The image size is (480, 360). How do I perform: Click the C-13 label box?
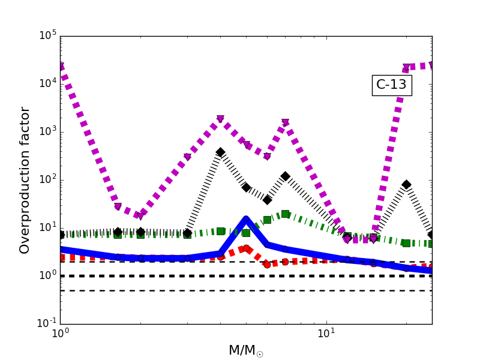[x=391, y=85]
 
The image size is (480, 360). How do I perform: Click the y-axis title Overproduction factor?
[x=25, y=180]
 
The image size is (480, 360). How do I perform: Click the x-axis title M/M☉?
[x=245, y=350]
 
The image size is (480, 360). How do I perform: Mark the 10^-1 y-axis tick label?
[x=45, y=324]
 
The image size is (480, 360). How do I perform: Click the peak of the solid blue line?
[x=246, y=219]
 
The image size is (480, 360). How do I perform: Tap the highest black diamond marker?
[x=220, y=152]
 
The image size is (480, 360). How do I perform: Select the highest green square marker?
[x=285, y=214]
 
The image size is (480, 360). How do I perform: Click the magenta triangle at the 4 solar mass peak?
[x=220, y=119]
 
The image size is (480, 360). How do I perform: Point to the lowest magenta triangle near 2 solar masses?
[x=140, y=216]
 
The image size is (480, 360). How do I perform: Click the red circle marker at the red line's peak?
[x=246, y=248]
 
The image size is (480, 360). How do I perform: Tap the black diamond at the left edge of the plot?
[x=60, y=235]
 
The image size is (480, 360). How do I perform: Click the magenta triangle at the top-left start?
[x=60, y=66]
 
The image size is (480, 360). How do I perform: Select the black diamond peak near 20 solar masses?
[x=406, y=185]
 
